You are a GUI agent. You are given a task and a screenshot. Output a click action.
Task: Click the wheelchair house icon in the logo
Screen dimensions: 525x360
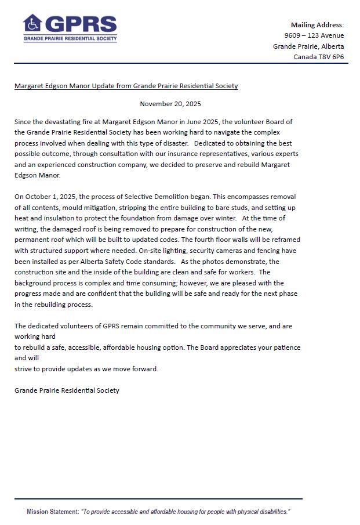[32, 24]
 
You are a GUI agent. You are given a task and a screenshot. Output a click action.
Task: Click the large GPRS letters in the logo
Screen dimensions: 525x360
[81, 24]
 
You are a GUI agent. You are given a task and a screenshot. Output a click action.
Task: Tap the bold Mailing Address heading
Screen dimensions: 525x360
[317, 25]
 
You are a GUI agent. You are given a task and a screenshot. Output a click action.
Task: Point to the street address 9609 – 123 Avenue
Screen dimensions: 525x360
[310, 35]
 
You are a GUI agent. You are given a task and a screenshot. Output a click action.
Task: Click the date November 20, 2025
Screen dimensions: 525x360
[170, 104]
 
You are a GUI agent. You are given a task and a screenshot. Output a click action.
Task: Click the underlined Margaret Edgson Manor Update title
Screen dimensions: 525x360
[126, 86]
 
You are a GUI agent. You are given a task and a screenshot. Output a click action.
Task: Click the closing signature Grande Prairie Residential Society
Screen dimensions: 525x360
[67, 390]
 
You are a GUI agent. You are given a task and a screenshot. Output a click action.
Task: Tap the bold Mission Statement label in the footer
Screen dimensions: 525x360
[53, 512]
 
